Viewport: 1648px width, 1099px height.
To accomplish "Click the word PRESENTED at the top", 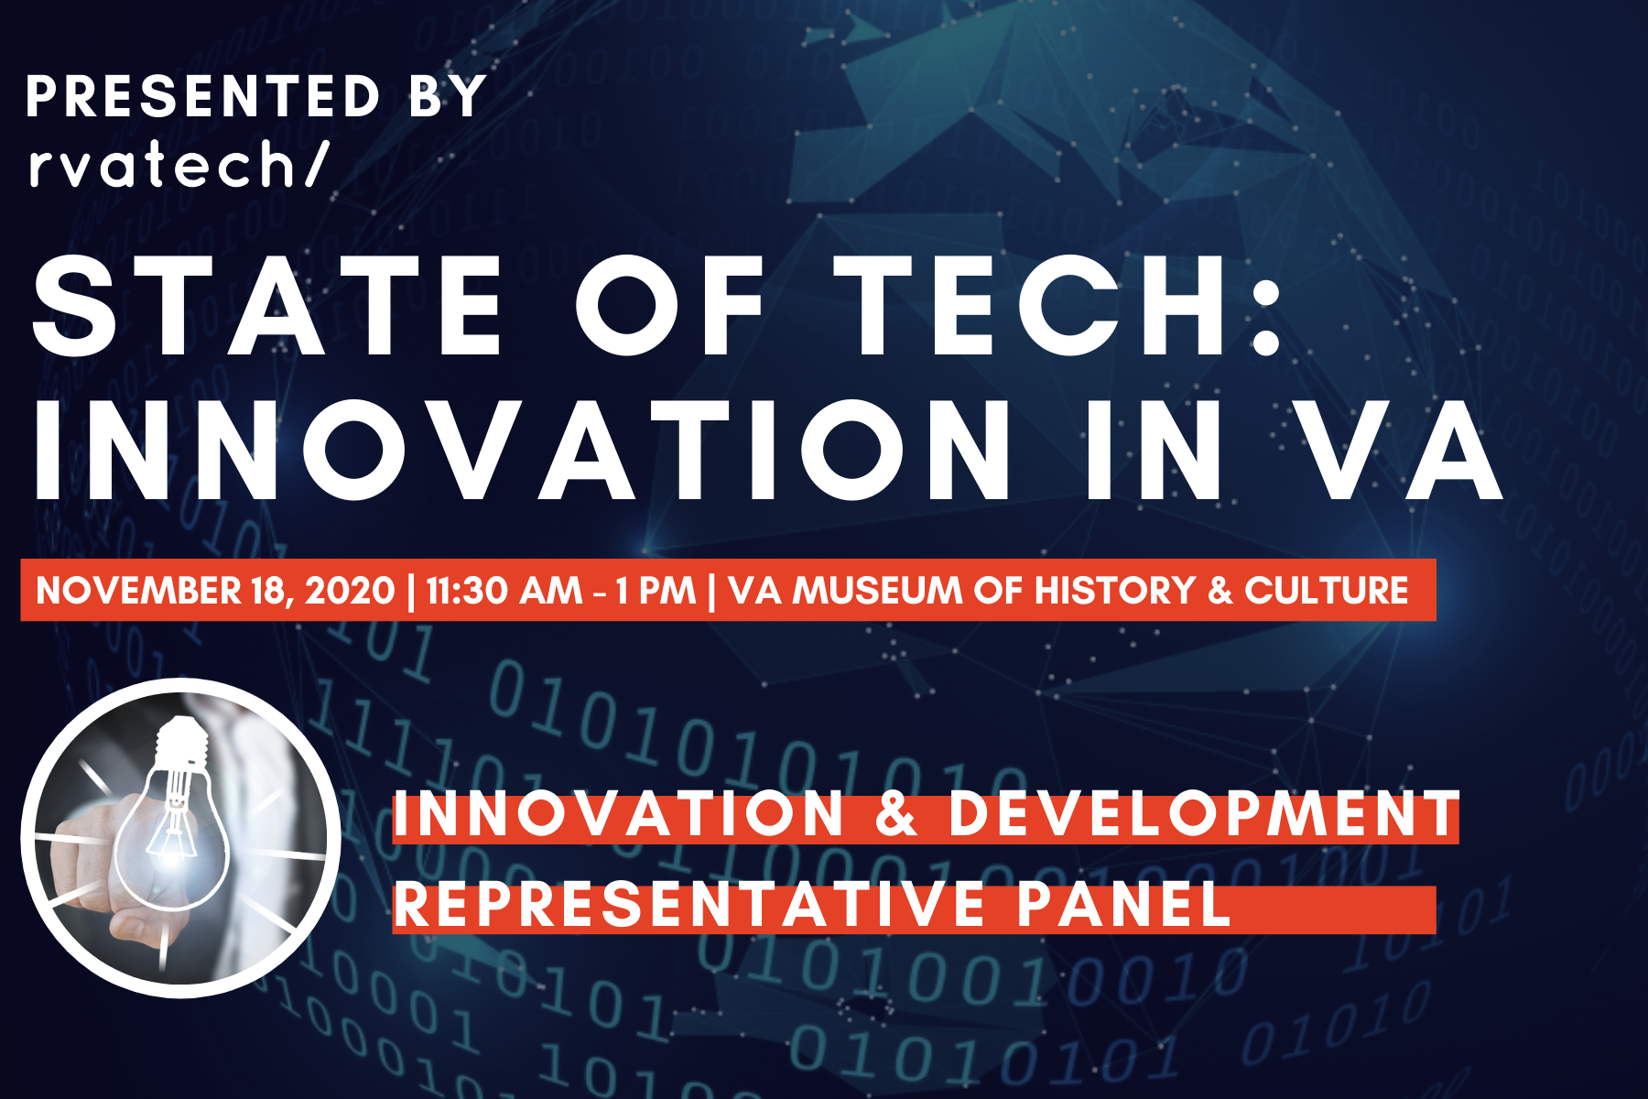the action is click(202, 96).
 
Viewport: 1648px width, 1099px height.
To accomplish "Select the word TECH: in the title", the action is click(1057, 304).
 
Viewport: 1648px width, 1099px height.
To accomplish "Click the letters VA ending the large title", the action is click(1400, 451).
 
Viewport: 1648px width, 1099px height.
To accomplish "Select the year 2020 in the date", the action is click(349, 591).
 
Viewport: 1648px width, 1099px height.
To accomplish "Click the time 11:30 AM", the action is click(504, 591).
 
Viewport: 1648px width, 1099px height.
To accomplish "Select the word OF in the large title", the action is click(669, 304).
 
